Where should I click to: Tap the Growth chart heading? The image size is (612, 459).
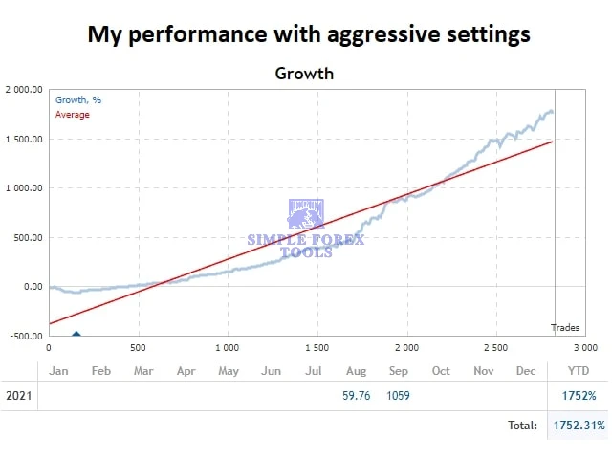click(305, 73)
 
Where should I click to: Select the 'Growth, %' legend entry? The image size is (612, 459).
click(78, 99)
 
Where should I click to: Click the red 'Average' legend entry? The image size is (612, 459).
click(73, 115)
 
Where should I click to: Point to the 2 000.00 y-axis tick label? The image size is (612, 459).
click(24, 90)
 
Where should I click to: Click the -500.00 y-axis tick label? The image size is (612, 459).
click(24, 336)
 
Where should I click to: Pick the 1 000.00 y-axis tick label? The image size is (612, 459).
click(24, 188)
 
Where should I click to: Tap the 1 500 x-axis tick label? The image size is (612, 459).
click(317, 347)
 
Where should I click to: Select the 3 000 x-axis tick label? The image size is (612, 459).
click(584, 347)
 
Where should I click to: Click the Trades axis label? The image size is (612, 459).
click(565, 328)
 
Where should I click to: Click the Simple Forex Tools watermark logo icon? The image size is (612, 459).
click(306, 215)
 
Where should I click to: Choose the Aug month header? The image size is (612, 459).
click(356, 371)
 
